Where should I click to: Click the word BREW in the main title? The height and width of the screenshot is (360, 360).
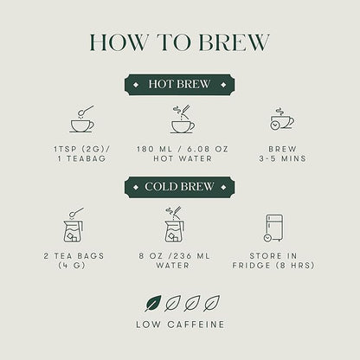[234, 42]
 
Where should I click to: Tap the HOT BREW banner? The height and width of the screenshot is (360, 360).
[179, 84]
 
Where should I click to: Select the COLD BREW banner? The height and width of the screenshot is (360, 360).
[179, 187]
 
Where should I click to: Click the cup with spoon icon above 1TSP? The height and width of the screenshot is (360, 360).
[82, 119]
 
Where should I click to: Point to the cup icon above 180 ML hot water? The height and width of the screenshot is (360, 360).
[183, 119]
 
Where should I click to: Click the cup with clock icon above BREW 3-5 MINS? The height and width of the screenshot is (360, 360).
[282, 119]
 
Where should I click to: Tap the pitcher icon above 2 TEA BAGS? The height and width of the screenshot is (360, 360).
[74, 225]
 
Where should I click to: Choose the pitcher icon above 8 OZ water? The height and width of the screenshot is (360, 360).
[175, 225]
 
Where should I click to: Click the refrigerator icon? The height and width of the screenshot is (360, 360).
[273, 228]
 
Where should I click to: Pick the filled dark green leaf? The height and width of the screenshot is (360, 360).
[153, 303]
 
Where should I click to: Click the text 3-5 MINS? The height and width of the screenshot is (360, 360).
[282, 158]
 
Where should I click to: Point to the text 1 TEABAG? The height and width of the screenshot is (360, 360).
[81, 158]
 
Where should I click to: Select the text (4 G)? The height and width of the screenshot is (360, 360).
[72, 266]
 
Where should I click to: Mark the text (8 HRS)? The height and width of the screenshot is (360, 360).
[295, 266]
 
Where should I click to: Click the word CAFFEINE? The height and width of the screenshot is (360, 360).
[196, 325]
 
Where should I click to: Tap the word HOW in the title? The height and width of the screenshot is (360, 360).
[119, 42]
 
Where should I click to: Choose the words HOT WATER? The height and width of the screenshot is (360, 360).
[183, 158]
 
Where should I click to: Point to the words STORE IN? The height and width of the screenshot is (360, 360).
[273, 256]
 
